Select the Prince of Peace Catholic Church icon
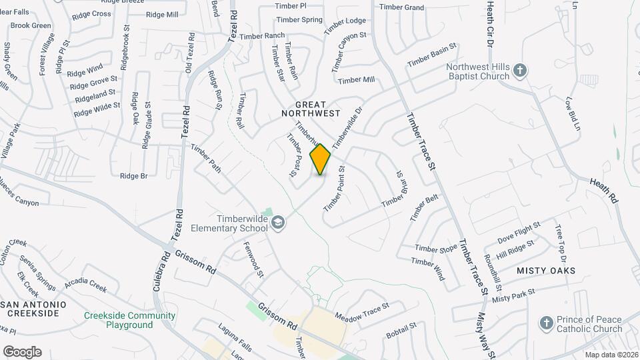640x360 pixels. coord(546,323)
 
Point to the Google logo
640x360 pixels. coord(22,351)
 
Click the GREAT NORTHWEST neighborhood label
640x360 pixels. coord(311,109)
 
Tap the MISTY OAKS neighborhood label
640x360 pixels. coord(546,271)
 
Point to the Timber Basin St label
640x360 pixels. coord(432,56)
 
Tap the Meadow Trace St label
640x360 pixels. coord(361,310)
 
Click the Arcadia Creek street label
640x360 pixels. coord(85,285)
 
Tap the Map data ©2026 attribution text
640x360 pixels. coord(611,355)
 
